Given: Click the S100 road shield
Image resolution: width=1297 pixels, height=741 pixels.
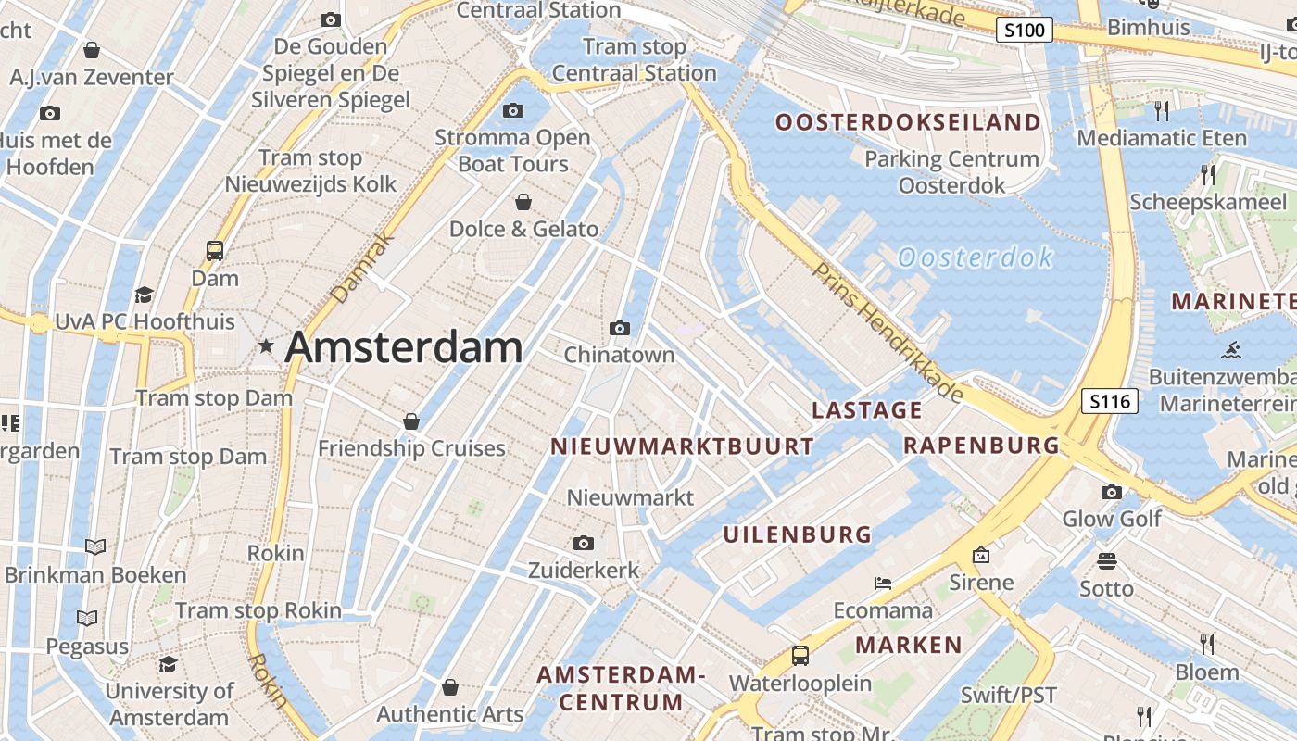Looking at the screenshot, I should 1025,30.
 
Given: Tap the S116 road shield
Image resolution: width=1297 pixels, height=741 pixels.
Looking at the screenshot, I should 1110,401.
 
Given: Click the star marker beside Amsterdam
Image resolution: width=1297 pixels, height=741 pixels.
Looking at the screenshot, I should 267,346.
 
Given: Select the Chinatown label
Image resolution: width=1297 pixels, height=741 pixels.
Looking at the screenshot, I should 619,355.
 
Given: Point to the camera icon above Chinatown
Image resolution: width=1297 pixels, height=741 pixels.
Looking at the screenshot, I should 620,328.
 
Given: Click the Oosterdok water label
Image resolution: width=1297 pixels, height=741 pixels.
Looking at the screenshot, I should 976,257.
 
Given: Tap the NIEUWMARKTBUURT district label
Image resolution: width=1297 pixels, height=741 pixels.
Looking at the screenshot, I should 682,446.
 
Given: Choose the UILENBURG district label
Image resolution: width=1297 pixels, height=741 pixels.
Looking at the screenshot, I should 798,534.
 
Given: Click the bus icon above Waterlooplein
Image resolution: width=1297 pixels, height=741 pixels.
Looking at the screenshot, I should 800,656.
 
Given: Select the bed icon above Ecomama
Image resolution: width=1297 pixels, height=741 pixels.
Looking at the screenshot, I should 883,584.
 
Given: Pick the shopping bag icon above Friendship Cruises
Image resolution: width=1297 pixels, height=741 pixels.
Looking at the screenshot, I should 411,421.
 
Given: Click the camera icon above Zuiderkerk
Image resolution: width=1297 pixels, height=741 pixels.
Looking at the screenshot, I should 583,544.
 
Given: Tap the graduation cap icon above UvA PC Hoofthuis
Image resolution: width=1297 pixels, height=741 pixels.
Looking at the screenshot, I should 144,295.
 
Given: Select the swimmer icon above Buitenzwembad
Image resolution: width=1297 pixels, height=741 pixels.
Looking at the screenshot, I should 1231,350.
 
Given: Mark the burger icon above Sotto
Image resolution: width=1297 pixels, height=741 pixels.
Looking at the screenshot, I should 1106,561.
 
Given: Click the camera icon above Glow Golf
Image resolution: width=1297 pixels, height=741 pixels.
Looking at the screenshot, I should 1112,492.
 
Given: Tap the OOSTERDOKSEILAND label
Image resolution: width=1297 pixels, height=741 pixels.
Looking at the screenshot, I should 908,122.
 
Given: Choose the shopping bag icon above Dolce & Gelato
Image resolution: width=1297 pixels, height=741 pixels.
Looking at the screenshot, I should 523,202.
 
